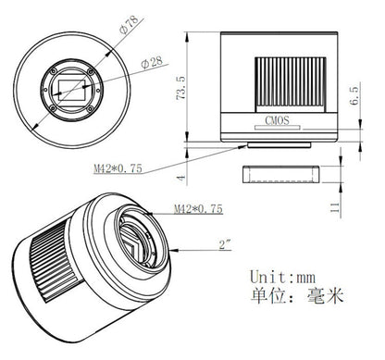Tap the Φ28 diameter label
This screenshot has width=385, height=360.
(x=153, y=63)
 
